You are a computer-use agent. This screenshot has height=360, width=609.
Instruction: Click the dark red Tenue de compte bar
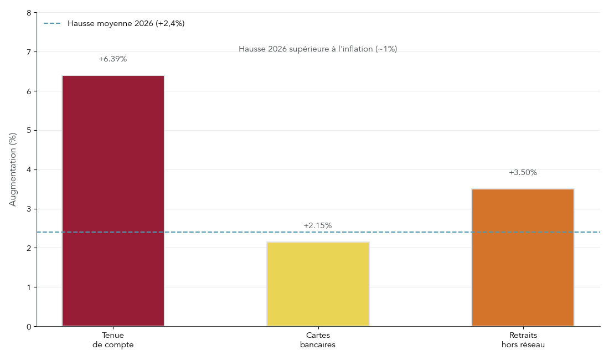pos(113,200)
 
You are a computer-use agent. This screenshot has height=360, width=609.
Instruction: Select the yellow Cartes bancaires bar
pos(318,284)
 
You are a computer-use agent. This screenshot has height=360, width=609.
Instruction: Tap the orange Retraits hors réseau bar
pos(523,258)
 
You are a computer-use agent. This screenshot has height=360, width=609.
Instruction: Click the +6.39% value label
pos(113,59)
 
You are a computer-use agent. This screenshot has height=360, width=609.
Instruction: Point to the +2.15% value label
pos(318,226)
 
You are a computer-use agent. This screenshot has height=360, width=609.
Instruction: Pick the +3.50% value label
pos(523,173)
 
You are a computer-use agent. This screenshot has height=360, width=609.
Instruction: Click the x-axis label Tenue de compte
pos(113,340)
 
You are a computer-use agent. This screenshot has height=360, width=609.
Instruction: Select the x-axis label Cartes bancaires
pos(318,340)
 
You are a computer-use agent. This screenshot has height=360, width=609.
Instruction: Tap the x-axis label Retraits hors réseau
pos(523,340)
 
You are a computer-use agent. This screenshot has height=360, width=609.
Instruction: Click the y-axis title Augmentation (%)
pos(13,169)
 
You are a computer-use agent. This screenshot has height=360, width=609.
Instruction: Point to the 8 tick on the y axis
pos(29,13)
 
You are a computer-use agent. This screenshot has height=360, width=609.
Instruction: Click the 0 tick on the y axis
pos(29,327)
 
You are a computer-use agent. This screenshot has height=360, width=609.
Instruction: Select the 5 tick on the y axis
pos(29,131)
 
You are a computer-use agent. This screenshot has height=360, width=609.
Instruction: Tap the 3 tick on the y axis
pos(29,209)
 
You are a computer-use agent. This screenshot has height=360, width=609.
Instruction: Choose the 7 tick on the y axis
pos(29,52)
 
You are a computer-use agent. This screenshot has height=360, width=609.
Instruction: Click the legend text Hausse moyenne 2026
pos(126,24)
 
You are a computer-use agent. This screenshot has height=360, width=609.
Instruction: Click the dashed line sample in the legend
pos(52,24)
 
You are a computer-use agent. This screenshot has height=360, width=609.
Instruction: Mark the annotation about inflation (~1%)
pos(318,49)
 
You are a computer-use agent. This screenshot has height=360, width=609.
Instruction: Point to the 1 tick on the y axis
pos(29,287)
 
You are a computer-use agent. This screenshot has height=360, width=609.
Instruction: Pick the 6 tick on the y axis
pos(29,91)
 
